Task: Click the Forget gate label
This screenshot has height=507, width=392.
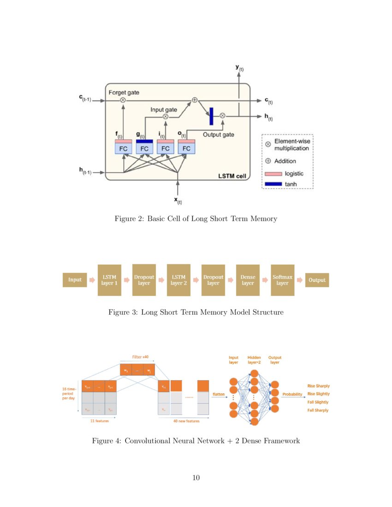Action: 124,93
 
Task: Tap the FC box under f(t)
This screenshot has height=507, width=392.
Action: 123,148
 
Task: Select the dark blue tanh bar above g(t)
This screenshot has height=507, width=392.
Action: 144,141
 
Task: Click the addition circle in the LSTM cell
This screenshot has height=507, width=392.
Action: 195,100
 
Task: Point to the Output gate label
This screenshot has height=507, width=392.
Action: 218,135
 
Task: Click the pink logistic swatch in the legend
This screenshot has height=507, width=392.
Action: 273,174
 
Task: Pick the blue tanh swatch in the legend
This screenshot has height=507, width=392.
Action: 273,184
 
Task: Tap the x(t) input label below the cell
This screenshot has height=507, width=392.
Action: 178,200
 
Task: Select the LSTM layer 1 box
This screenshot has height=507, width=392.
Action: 109,280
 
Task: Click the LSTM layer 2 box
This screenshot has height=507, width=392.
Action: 178,280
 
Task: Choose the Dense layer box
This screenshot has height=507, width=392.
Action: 248,280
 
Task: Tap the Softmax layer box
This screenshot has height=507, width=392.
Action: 282,280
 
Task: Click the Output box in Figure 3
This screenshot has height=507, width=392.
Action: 317,280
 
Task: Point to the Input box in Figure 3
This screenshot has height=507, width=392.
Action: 75,280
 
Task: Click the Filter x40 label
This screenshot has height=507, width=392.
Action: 141,357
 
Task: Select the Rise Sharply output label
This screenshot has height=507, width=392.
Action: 318,386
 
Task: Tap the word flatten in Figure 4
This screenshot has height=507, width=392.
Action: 219,395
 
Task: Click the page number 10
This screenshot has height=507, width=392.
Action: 196,478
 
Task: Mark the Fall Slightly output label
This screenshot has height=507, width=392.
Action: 318,402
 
